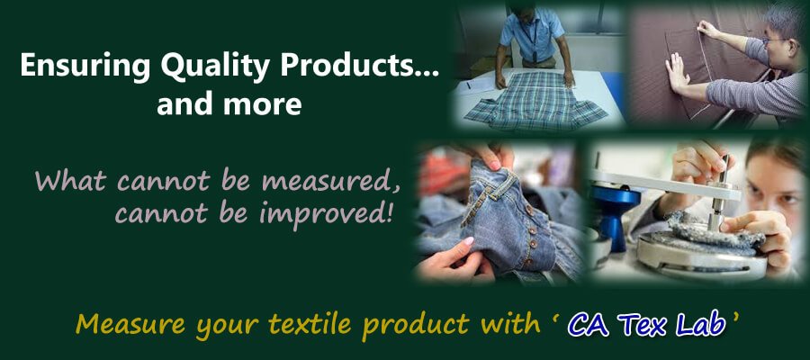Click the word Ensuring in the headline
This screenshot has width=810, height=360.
point(85,66)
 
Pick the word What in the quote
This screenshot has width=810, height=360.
point(72,181)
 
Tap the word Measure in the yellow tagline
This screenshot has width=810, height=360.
point(130,324)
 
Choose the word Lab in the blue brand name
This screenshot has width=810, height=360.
point(704,324)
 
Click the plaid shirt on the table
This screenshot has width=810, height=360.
point(535,101)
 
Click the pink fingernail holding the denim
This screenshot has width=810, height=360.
point(469,241)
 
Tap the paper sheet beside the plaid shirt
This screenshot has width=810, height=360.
point(477,85)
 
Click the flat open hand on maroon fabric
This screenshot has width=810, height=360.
point(677,73)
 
